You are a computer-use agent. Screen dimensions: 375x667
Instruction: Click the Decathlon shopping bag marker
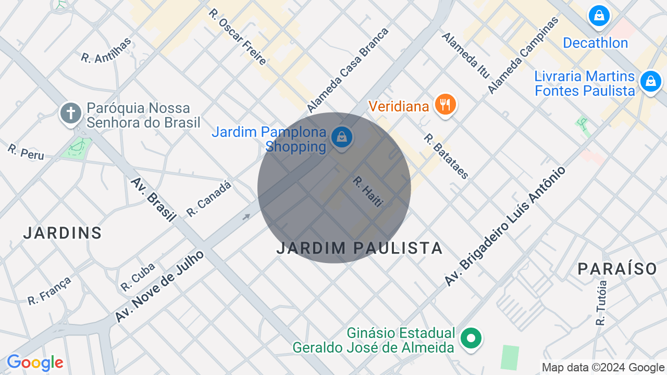pyautogui.click(x=599, y=16)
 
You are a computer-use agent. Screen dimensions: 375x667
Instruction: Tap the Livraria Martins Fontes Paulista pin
pyautogui.click(x=650, y=81)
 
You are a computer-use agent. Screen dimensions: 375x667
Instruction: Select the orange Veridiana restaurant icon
pyautogui.click(x=445, y=104)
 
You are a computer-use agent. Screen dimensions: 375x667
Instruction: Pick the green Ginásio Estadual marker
pyautogui.click(x=471, y=339)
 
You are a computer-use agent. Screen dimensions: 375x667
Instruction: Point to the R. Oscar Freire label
pyautogui.click(x=238, y=36)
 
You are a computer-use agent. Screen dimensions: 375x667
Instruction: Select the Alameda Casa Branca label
pyautogui.click(x=348, y=70)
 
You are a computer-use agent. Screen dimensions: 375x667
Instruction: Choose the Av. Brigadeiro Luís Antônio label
pyautogui.click(x=504, y=226)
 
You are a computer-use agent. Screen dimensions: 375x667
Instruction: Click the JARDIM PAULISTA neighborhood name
pyautogui.click(x=360, y=248)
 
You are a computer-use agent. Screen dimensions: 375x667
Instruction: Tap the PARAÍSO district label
pyautogui.click(x=617, y=269)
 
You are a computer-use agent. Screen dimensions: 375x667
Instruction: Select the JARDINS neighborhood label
pyautogui.click(x=63, y=233)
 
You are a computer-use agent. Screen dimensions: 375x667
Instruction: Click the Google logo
pyautogui.click(x=35, y=363)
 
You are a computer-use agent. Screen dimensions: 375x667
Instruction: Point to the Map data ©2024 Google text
pyautogui.click(x=603, y=368)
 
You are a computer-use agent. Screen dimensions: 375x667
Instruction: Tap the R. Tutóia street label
pyautogui.click(x=602, y=303)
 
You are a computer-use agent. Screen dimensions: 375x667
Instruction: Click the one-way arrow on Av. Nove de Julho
pyautogui.click(x=246, y=217)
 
